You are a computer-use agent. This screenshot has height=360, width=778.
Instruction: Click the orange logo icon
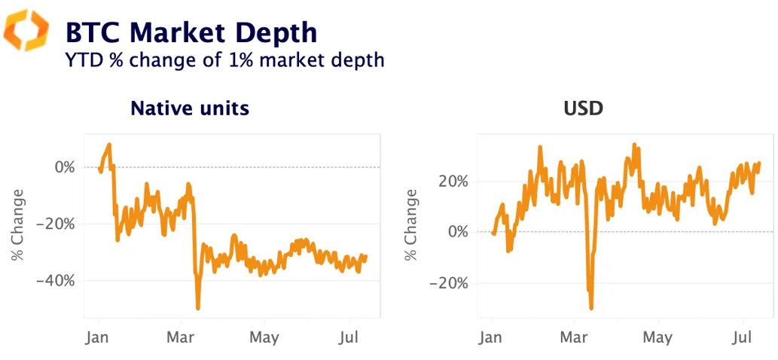[26, 31]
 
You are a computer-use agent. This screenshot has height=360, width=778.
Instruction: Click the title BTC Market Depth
[191, 32]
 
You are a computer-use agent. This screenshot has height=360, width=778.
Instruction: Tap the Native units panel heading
[190, 108]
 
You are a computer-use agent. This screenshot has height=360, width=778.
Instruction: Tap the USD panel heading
[584, 108]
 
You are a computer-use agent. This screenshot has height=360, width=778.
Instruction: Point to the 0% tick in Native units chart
[64, 167]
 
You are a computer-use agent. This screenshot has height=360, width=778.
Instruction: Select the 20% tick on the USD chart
[452, 182]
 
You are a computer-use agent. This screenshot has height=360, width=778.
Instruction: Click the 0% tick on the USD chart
[457, 232]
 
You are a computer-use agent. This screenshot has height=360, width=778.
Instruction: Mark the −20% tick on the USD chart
[449, 283]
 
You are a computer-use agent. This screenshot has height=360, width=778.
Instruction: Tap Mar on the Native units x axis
[181, 337]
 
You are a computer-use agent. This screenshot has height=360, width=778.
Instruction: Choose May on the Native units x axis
[264, 337]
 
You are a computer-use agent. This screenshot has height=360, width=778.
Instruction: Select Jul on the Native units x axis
[349, 337]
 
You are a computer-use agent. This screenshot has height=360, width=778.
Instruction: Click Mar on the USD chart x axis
[575, 337]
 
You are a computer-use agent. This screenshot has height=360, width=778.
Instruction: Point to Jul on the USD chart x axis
[743, 337]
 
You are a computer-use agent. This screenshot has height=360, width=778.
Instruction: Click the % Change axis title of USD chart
[411, 225]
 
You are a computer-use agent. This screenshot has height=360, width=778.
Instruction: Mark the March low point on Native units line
[198, 308]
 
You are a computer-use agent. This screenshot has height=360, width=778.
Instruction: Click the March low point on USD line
[591, 308]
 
